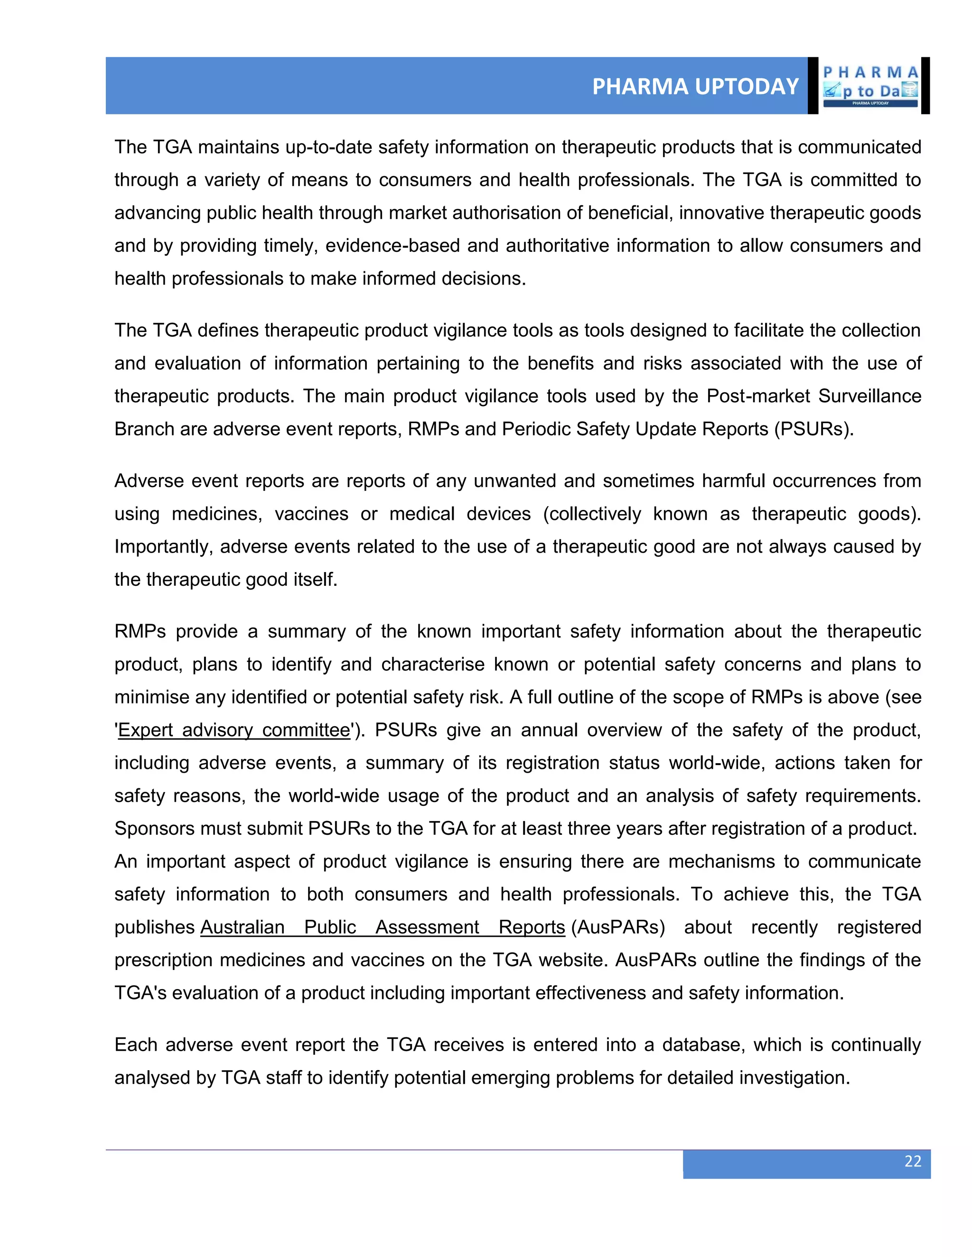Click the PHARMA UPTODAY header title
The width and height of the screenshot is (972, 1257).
pos(695,86)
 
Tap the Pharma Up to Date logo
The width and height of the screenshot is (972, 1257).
pos(870,86)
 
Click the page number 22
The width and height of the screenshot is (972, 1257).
pos(913,1161)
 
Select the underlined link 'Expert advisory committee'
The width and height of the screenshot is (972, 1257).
pos(234,730)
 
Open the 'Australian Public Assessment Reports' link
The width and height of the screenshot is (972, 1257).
pos(383,927)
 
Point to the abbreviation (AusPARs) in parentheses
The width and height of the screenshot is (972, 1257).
pos(617,927)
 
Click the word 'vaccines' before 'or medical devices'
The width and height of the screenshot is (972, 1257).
pos(311,514)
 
